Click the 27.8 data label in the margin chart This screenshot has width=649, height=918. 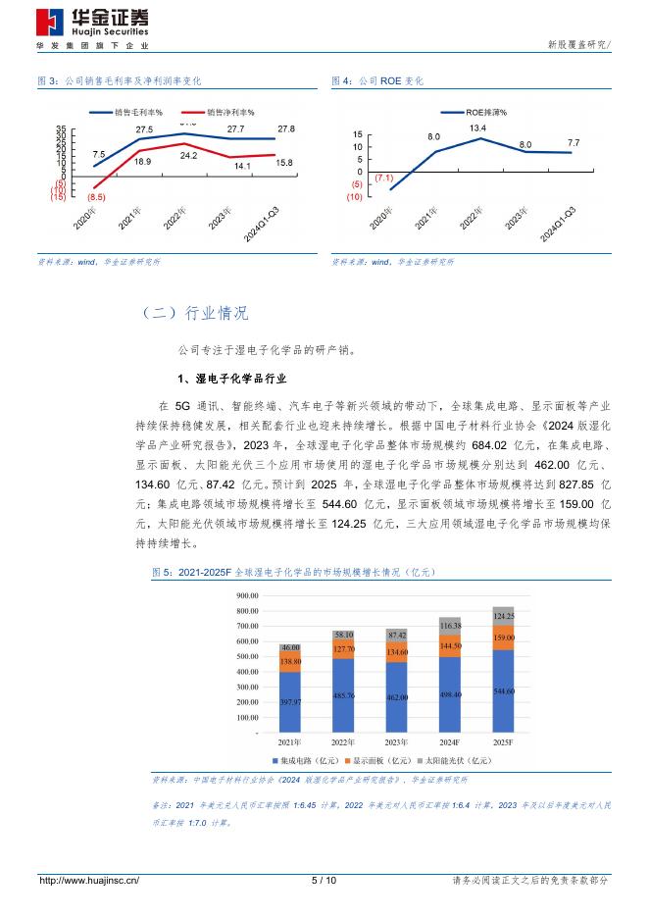click(286, 128)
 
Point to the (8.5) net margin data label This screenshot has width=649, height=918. click(96, 198)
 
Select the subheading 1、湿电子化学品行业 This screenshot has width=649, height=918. click(230, 378)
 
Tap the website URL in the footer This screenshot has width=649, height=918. click(88, 881)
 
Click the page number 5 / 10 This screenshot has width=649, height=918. click(324, 881)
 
